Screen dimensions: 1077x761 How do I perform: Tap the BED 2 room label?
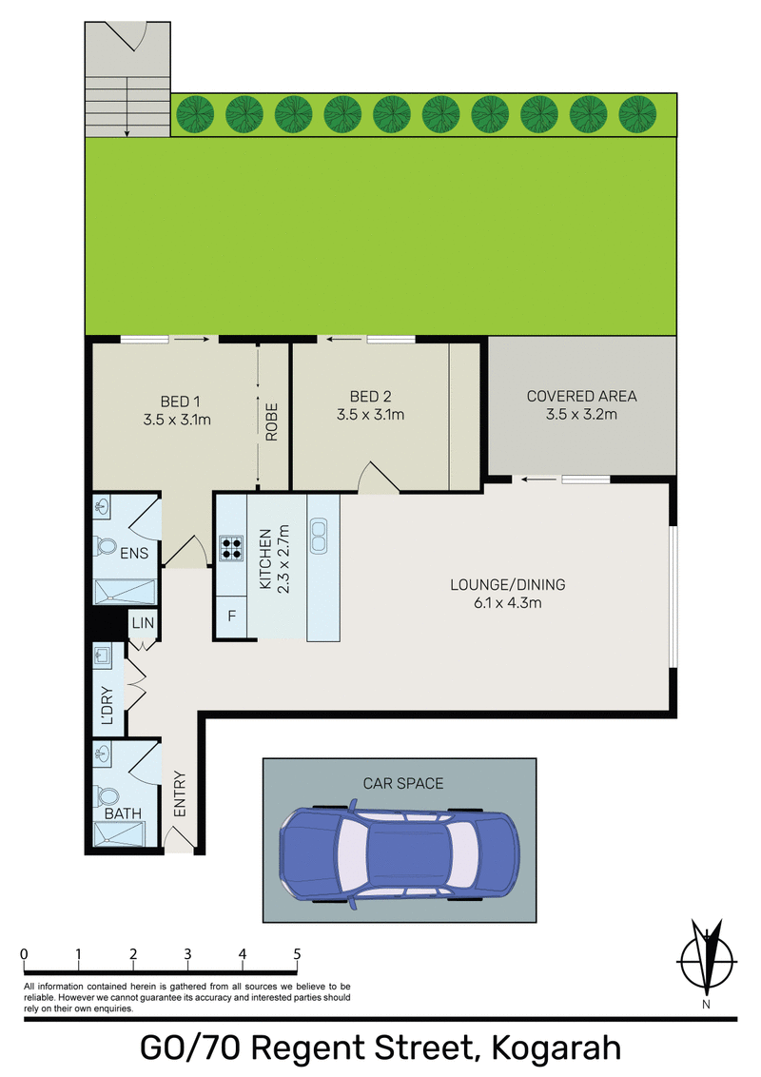(370, 406)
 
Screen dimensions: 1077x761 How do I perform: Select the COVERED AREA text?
(582, 404)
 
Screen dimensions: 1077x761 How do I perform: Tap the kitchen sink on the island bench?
(319, 536)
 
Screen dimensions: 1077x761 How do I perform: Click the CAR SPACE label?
(403, 784)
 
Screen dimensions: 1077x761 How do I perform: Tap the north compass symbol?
(707, 961)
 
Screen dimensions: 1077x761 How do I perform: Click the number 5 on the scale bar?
(298, 953)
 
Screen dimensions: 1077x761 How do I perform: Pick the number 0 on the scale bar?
(24, 953)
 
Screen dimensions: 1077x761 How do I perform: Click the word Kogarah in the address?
(556, 1049)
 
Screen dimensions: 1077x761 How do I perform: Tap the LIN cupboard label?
(145, 624)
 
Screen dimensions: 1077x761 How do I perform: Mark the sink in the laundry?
(102, 656)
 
